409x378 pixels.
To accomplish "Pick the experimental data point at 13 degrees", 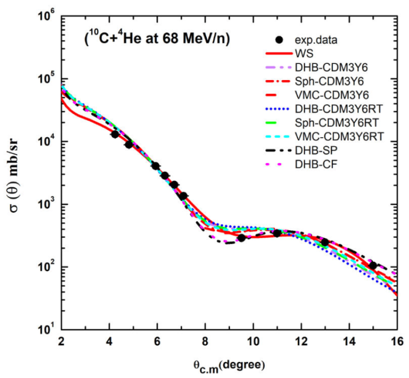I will click(325, 242).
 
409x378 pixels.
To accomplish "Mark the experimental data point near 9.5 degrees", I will click(241, 238).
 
